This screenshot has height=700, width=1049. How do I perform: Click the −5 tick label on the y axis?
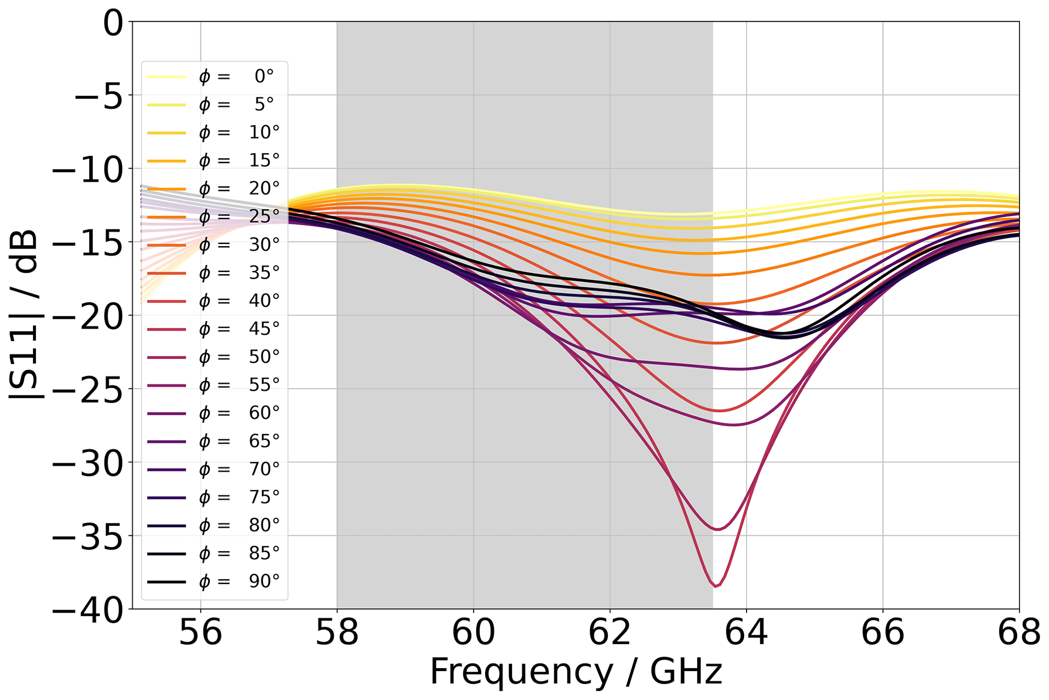99,95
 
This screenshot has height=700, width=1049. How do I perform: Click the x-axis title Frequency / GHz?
576,672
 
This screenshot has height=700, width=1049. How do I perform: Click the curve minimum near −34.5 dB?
718,529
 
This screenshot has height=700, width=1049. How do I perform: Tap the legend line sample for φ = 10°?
166,133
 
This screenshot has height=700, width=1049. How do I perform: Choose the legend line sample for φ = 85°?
166,553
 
